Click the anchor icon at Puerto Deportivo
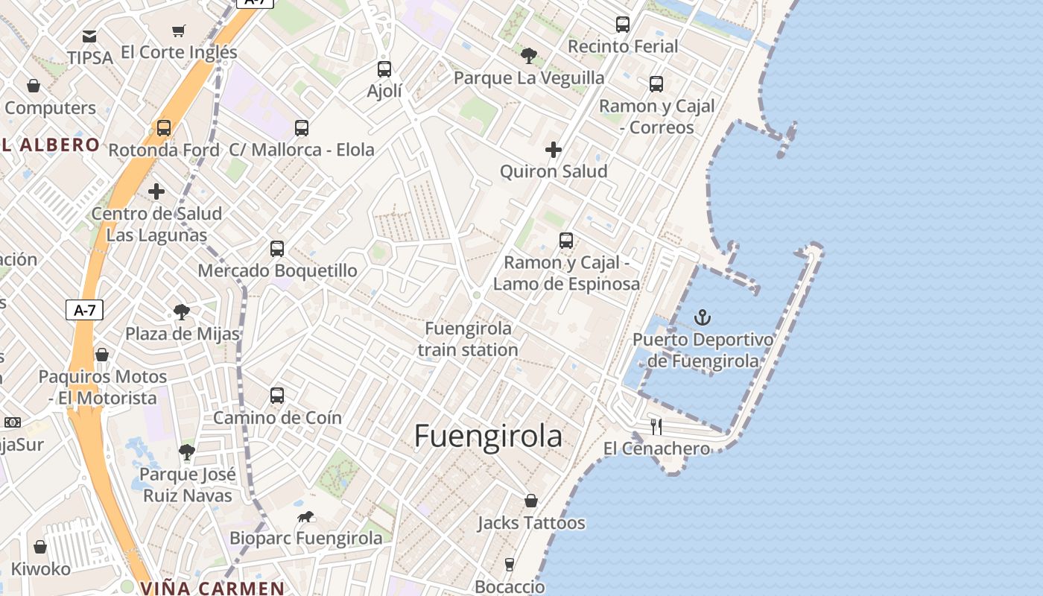tap(703, 318)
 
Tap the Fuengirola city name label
tap(488, 436)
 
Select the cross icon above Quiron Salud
tap(554, 150)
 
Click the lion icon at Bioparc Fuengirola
tap(306, 516)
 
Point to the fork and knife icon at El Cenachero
tap(656, 426)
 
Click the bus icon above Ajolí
tap(384, 69)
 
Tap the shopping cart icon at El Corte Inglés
tap(178, 31)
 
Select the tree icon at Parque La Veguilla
tap(529, 55)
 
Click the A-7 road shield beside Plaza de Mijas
tap(84, 310)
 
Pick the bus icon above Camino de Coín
tap(277, 396)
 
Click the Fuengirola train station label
tap(468, 339)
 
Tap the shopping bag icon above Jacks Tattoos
tap(531, 501)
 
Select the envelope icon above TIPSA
tap(89, 36)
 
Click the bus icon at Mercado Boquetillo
tap(277, 248)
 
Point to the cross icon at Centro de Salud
tap(156, 192)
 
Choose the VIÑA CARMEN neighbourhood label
tap(212, 588)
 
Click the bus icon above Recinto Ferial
tap(623, 25)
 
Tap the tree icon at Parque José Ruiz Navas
tap(187, 451)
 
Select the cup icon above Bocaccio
tap(510, 565)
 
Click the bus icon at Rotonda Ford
tap(164, 128)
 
